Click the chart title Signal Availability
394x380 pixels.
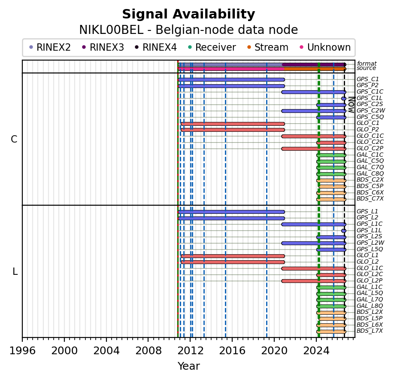(x=188, y=14)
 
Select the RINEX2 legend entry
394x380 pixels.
(x=50, y=47)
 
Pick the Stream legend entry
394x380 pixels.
(x=268, y=47)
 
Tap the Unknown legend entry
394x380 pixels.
(x=325, y=47)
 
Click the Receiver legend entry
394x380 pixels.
(x=212, y=47)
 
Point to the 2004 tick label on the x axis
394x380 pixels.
(x=106, y=350)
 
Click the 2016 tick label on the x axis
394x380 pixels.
(x=232, y=350)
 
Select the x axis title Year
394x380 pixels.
(x=188, y=366)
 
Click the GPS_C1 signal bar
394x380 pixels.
(x=231, y=80)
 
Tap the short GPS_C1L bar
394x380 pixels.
(x=344, y=98)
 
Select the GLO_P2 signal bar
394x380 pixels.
(x=233, y=130)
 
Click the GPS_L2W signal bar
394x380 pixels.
(x=314, y=243)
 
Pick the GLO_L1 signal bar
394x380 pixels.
(x=233, y=256)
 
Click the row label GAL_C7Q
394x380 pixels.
(x=370, y=167)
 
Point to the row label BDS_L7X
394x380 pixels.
(x=370, y=331)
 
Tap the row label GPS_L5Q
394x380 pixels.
(x=370, y=249)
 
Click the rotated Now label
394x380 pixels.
(x=352, y=105)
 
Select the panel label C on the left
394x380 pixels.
(x=14, y=139)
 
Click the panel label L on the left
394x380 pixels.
(x=15, y=271)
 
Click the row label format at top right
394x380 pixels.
(x=367, y=64)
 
